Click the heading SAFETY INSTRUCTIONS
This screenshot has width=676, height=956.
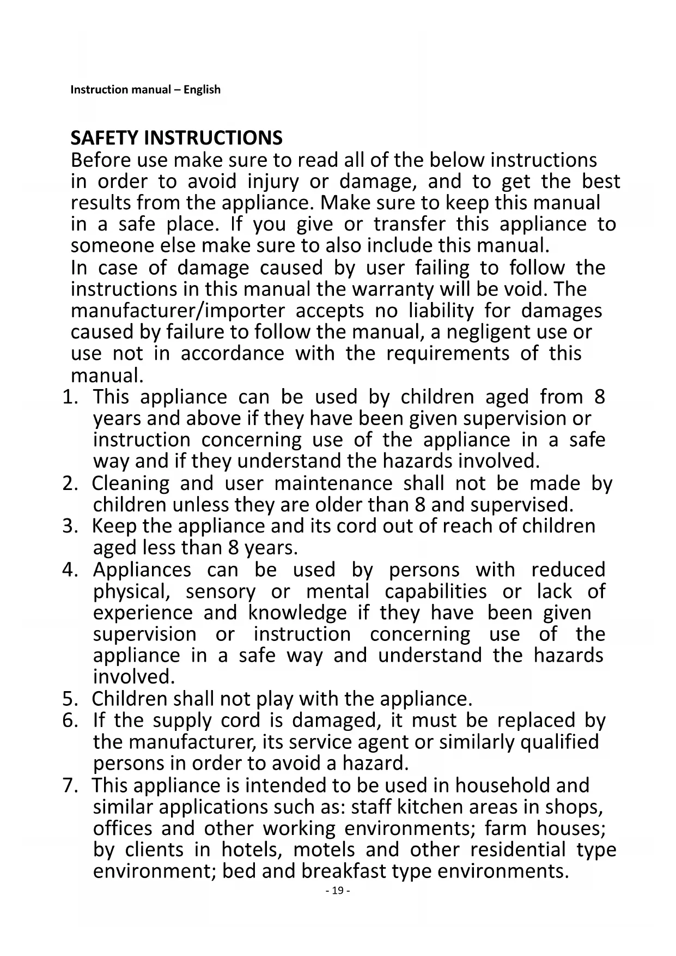click(176, 138)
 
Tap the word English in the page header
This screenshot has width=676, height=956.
click(202, 89)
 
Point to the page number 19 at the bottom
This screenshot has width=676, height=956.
click(338, 891)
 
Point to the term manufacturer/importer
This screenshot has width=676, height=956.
click(178, 311)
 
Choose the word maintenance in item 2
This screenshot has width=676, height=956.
click(333, 483)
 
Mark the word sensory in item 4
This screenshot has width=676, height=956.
click(221, 592)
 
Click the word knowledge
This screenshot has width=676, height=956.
click(297, 613)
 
